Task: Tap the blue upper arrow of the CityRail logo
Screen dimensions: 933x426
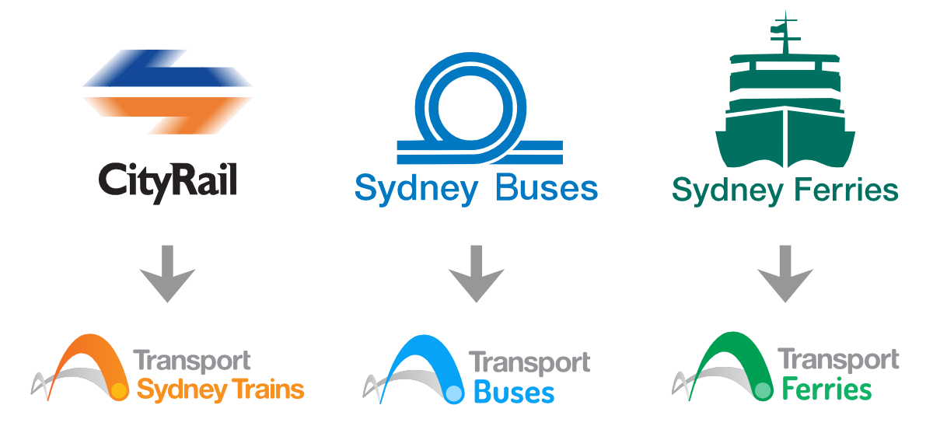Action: (167, 74)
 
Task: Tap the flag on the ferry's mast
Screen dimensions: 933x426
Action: (777, 30)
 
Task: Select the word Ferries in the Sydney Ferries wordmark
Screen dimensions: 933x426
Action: (847, 190)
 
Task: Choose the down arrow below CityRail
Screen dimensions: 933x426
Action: (167, 273)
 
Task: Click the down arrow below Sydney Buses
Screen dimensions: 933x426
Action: (477, 273)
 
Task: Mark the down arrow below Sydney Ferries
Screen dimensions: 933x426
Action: (785, 273)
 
